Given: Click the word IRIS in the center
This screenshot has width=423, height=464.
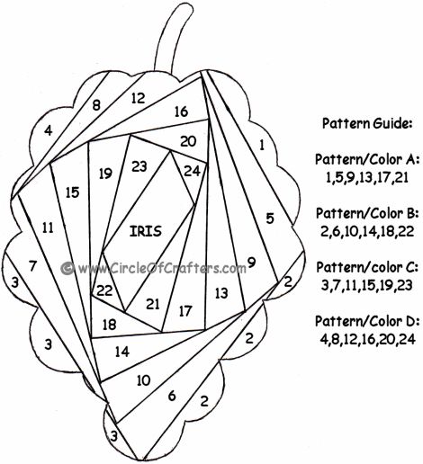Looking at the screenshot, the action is click(146, 231).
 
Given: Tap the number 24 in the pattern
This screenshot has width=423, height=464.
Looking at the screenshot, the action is click(192, 171).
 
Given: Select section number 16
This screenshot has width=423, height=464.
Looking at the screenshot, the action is click(181, 112).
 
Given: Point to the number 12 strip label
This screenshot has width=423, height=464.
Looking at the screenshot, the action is click(139, 98).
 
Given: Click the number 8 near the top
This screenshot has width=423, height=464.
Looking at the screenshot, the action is click(96, 105).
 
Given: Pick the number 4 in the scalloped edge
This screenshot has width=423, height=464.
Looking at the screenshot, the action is click(48, 130).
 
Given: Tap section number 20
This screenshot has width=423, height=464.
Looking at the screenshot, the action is click(188, 141).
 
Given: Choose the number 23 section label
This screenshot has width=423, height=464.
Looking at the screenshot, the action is click(139, 166).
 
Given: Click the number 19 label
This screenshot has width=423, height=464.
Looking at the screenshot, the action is click(105, 174).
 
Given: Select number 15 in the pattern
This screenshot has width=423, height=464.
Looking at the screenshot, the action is click(72, 192).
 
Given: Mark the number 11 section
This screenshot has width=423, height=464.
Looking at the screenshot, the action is click(48, 228).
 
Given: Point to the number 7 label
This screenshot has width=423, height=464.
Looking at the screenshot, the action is click(32, 265).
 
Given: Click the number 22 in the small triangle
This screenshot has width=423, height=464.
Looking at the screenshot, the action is click(104, 290).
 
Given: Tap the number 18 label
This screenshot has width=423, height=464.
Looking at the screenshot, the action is click(109, 325).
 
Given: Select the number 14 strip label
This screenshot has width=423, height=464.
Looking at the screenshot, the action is click(122, 352).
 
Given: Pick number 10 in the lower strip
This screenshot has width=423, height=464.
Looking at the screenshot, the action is click(143, 380).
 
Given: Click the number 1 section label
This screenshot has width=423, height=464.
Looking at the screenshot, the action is click(262, 146).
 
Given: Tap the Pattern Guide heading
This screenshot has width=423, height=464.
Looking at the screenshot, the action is click(366, 123).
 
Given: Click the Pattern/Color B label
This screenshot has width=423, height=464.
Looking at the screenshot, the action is click(367, 213).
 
